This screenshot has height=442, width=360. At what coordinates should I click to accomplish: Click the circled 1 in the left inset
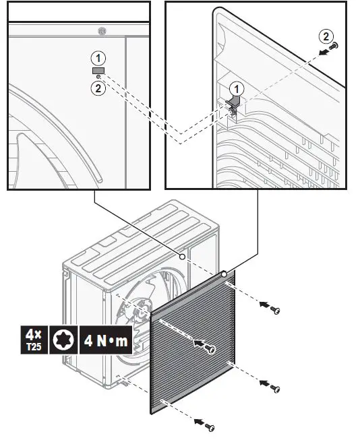pyautogui.click(x=98, y=57)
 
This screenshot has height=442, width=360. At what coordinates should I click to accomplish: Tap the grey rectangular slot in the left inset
pyautogui.click(x=98, y=70)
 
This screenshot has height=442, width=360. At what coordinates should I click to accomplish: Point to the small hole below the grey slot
pyautogui.click(x=98, y=77)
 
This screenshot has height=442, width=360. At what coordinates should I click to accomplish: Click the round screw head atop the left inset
pyautogui.click(x=101, y=31)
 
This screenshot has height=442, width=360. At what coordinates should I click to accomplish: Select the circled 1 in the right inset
pyautogui.click(x=236, y=88)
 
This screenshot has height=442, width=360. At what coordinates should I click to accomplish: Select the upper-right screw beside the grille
pyautogui.click(x=275, y=310)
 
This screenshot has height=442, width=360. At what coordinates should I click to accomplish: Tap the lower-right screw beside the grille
pyautogui.click(x=275, y=389)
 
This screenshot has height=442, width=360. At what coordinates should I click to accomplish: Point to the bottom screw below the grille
pyautogui.click(x=210, y=427)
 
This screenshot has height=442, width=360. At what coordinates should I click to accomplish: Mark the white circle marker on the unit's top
pyautogui.click(x=183, y=257)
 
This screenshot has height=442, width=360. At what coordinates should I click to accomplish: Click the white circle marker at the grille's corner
pyautogui.click(x=224, y=274)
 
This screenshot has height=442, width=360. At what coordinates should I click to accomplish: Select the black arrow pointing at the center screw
pyautogui.click(x=200, y=343)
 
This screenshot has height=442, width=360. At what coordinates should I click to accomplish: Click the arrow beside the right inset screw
pyautogui.click(x=324, y=49)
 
